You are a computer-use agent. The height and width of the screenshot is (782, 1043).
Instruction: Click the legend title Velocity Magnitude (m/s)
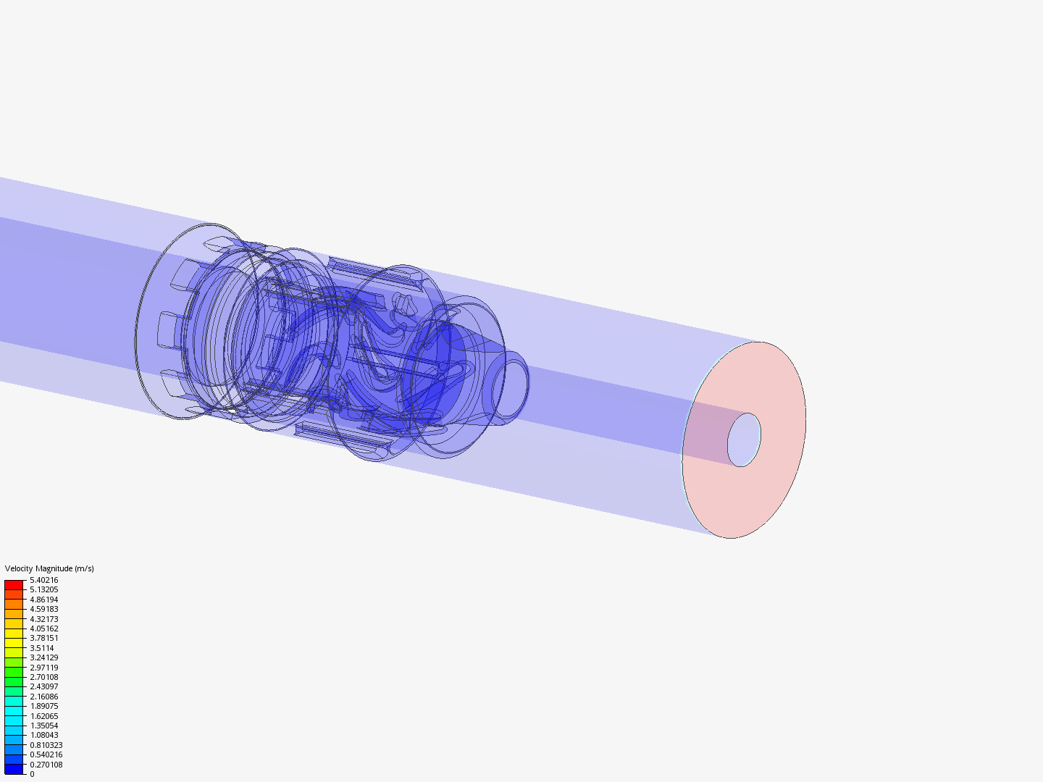(x=49, y=568)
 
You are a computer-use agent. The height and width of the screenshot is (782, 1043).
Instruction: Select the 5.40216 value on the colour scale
(x=43, y=580)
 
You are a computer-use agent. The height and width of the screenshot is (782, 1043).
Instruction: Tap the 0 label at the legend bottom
(x=32, y=774)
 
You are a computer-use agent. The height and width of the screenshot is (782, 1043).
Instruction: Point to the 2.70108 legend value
(x=43, y=677)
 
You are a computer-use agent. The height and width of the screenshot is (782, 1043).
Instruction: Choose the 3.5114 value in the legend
(x=42, y=648)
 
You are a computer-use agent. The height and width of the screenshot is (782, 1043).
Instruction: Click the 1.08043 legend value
(x=43, y=735)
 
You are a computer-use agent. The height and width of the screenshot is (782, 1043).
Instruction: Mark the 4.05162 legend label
(x=43, y=628)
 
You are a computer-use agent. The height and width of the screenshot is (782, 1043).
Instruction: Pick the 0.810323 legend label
(x=46, y=745)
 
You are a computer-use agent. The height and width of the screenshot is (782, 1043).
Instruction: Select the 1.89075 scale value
(x=43, y=706)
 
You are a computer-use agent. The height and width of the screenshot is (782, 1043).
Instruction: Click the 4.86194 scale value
(x=43, y=600)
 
